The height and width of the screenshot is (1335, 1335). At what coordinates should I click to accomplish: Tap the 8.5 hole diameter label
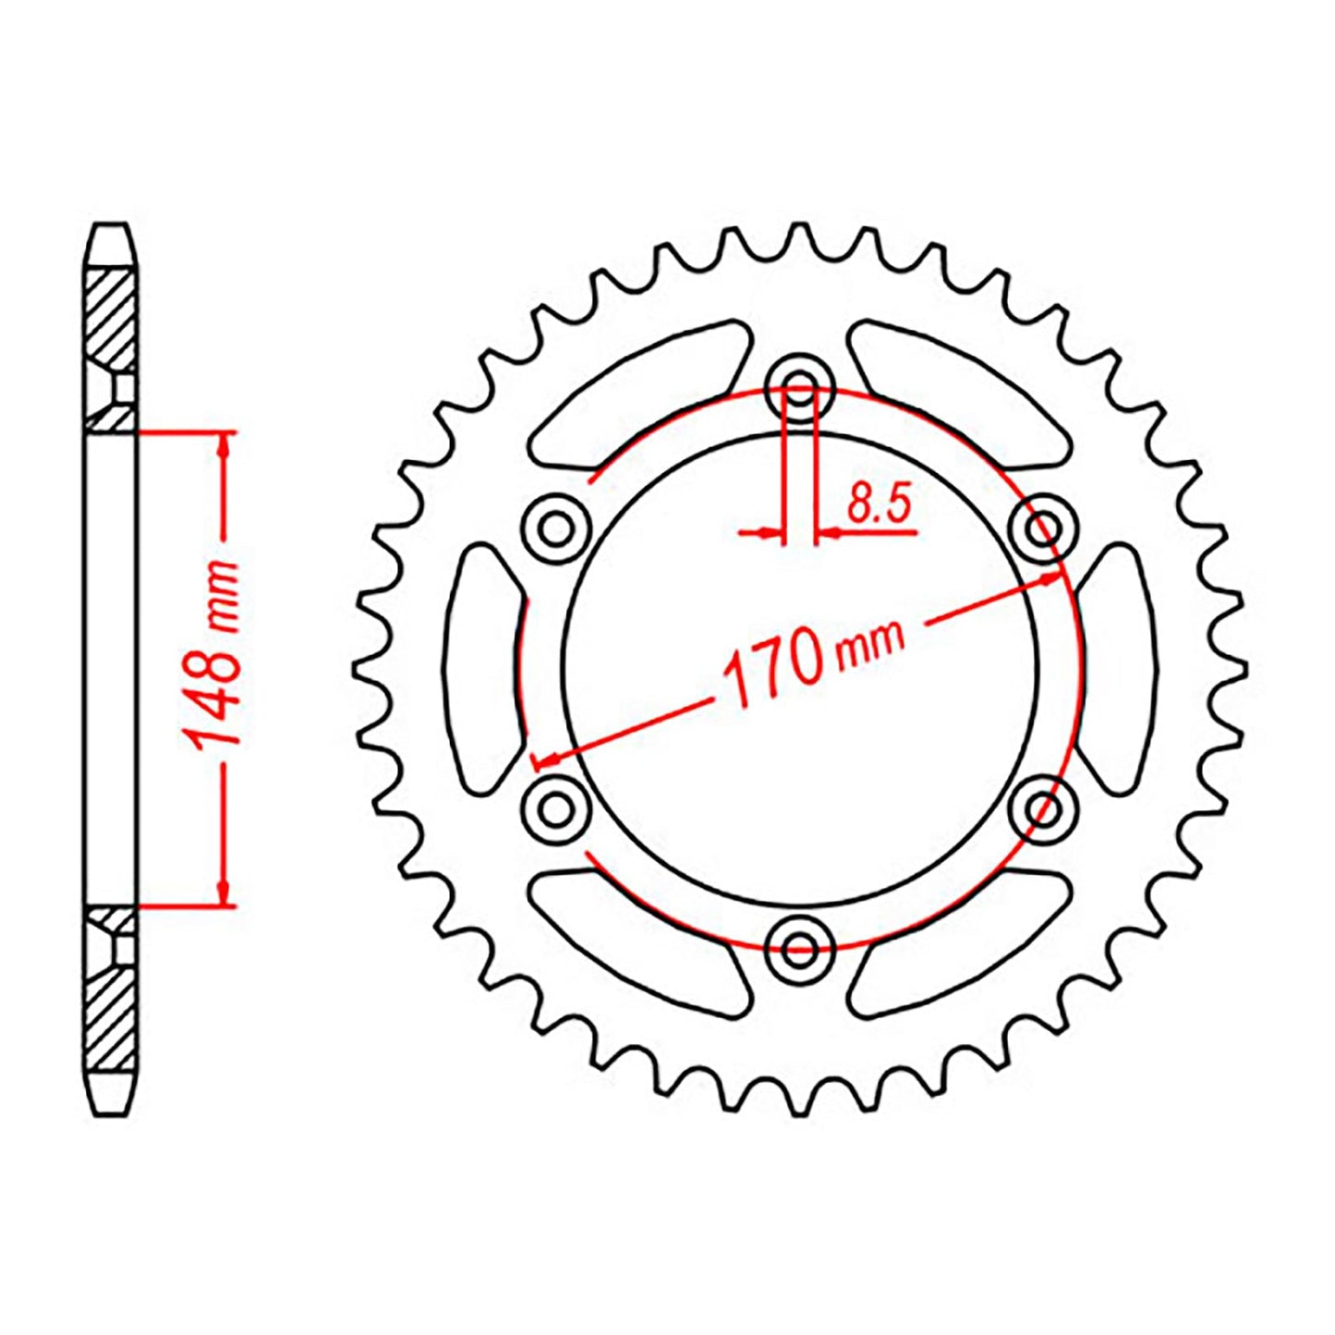[x=879, y=505]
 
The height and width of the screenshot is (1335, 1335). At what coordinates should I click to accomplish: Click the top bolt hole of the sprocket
[x=801, y=387]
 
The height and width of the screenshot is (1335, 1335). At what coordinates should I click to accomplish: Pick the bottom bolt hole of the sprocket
[x=800, y=946]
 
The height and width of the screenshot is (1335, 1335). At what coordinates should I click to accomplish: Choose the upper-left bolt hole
[x=556, y=529]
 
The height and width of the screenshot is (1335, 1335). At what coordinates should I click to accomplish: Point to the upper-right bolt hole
[x=1045, y=529]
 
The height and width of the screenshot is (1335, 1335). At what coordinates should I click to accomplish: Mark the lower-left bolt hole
[x=556, y=808]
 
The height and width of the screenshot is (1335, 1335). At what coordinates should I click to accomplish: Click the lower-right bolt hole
[x=1045, y=808]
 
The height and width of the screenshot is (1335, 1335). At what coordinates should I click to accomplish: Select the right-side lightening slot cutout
[x=1117, y=668]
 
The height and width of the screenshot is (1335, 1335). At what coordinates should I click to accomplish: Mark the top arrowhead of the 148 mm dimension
[x=223, y=448]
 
